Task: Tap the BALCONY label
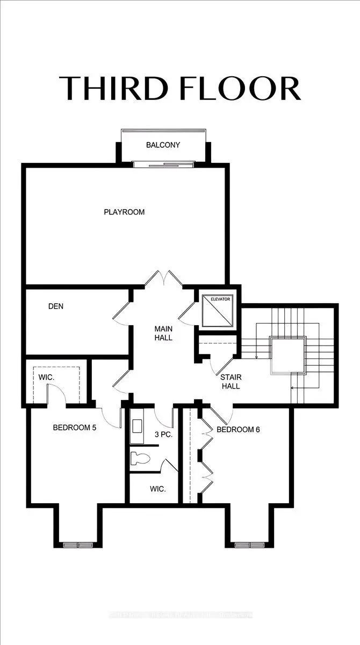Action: pos(163,145)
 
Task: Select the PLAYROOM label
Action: pos(124,212)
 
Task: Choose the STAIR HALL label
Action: pos(231,382)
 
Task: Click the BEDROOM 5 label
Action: pos(74,428)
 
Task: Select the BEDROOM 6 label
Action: pos(238,429)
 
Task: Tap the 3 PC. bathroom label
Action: pos(163,434)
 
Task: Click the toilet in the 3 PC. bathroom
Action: pos(141,458)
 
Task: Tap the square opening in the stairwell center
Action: pos(288,355)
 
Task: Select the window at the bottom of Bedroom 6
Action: pos(250,545)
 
